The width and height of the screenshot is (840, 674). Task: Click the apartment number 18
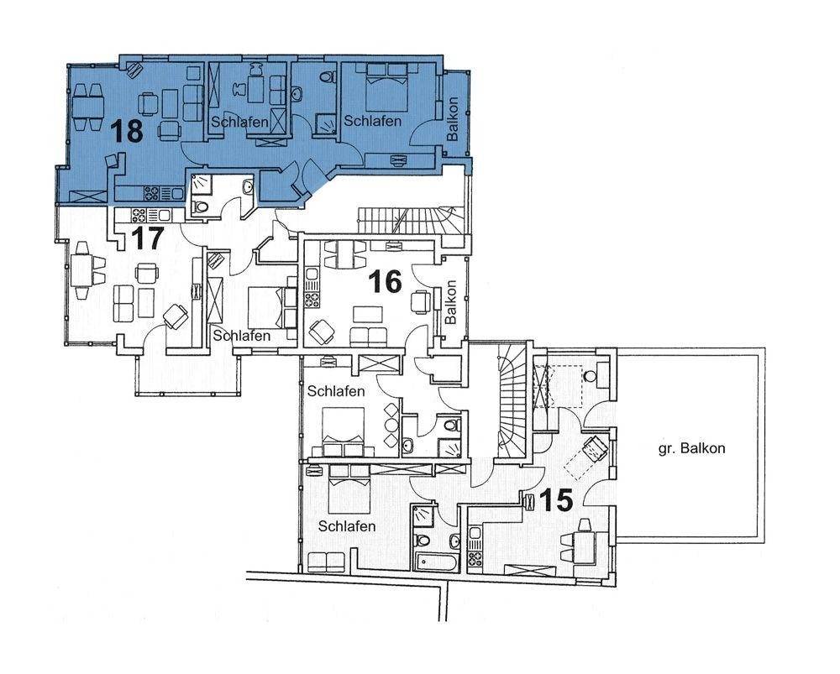coord(128,131)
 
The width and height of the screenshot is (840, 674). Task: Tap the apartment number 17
coord(148,238)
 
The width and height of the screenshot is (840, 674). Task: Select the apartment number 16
coord(386,282)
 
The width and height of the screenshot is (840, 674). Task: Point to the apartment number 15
coord(556,500)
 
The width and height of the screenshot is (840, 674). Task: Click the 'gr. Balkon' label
coord(691,448)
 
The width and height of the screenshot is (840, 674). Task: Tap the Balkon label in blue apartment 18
coord(454,119)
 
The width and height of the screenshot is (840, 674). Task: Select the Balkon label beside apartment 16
coord(451,302)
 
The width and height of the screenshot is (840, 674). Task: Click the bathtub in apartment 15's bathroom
coord(436,562)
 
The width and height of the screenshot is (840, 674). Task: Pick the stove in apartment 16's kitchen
coord(312,300)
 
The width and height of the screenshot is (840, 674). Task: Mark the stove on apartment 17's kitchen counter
coord(139,215)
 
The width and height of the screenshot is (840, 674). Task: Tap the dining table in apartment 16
coord(345,254)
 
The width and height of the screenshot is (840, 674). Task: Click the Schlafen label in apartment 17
coord(242,337)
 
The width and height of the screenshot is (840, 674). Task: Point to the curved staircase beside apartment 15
coord(512,401)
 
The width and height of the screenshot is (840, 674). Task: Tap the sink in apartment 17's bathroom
coord(248,187)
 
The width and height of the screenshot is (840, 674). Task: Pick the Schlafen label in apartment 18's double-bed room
coord(372,121)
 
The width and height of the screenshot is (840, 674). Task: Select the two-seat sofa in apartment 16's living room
coord(369,337)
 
